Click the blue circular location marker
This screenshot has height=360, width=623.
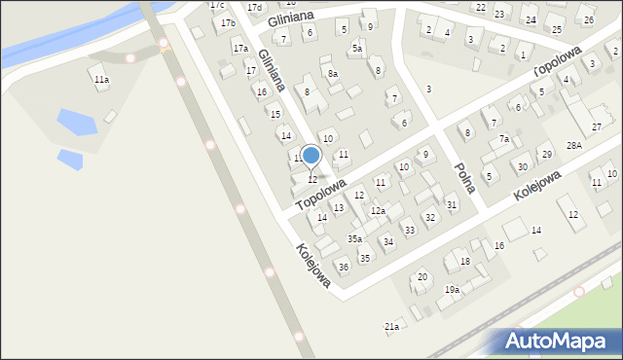tap(311, 156)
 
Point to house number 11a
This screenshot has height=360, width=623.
tap(101, 80)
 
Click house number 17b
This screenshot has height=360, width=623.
tap(228, 22)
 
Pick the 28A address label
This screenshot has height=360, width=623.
tap(574, 144)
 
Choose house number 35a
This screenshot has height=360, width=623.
tap(355, 238)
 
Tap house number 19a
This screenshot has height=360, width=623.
tap(452, 289)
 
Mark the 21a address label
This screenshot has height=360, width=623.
tap(391, 326)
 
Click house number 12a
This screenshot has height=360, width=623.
tap(378, 210)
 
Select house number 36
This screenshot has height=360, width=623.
tap(343, 267)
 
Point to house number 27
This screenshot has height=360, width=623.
tap(597, 127)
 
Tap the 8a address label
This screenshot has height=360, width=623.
tap(333, 74)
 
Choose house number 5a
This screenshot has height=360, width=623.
tap(357, 49)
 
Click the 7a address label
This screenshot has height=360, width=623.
tap(504, 139)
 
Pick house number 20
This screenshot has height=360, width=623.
tap(421, 277)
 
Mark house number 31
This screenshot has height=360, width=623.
tap(452, 204)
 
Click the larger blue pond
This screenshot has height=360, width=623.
tap(76, 122)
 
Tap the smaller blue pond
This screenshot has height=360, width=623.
tap(69, 159)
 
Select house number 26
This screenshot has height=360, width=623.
tap(587, 19)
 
